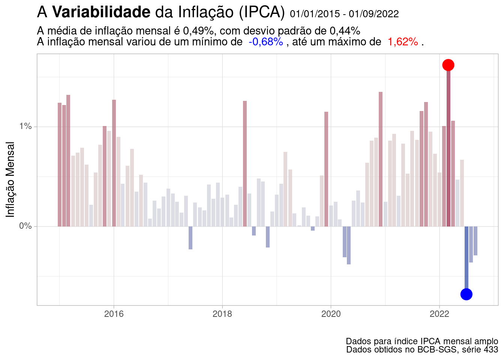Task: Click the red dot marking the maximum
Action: click(x=448, y=65)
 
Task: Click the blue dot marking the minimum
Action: click(x=466, y=294)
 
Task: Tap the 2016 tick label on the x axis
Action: click(x=114, y=314)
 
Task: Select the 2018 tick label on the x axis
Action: click(x=222, y=314)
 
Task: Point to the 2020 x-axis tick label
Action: click(x=331, y=314)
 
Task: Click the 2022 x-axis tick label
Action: click(x=439, y=314)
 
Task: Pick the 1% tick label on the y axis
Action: click(x=25, y=126)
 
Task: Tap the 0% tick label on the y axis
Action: click(x=25, y=226)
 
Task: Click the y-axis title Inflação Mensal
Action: click(x=10, y=179)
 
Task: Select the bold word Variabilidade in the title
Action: click(x=101, y=12)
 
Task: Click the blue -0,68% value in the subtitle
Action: click(x=265, y=42)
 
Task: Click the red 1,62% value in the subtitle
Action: click(x=403, y=42)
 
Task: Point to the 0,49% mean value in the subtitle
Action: click(x=199, y=31)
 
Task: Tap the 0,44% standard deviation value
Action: click(x=345, y=31)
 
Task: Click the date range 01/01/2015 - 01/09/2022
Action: click(x=344, y=14)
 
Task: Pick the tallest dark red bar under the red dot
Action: click(x=448, y=150)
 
